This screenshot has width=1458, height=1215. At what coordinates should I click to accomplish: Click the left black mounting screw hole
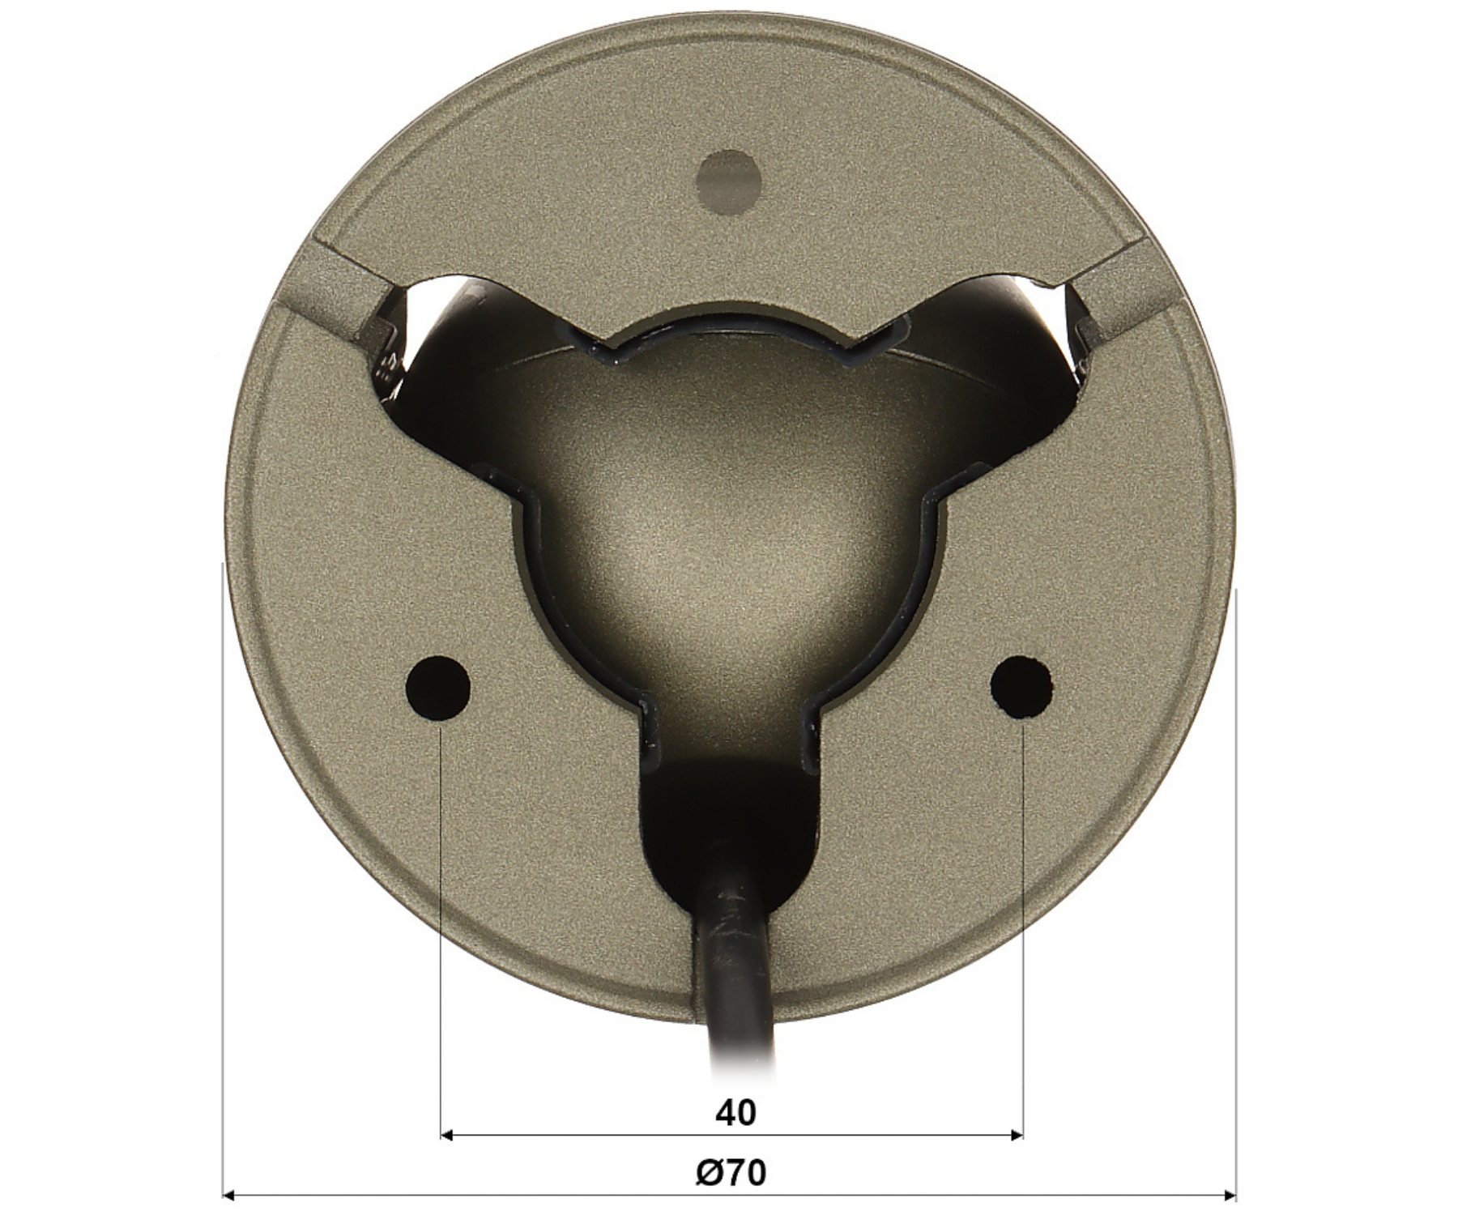[x=438, y=687]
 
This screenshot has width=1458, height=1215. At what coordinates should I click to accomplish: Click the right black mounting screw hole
[x=1022, y=687]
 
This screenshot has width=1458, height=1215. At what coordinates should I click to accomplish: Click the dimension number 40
[x=735, y=1113]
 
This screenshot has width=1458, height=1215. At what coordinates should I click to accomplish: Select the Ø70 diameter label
[x=731, y=1172]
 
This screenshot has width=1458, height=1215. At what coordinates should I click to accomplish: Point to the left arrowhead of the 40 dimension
[x=447, y=1136]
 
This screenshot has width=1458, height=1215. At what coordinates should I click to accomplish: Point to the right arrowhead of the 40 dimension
[x=1015, y=1136]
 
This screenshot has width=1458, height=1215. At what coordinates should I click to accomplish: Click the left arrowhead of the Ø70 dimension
[x=230, y=1194]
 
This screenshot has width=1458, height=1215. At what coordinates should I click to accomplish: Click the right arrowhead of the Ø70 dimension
[x=1228, y=1194]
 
